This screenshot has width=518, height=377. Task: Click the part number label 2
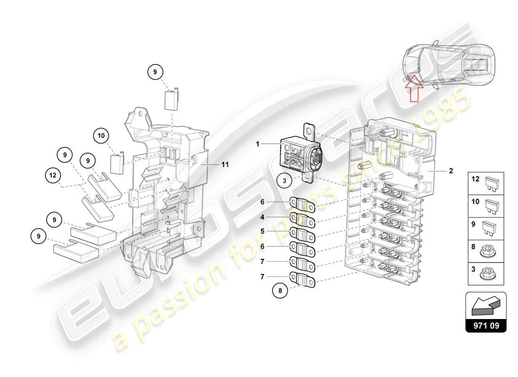[x=451, y=171]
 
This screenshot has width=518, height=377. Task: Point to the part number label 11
[x=225, y=164]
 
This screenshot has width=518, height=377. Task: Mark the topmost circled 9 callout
[x=154, y=72]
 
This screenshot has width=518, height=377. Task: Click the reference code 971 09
[x=486, y=325]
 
